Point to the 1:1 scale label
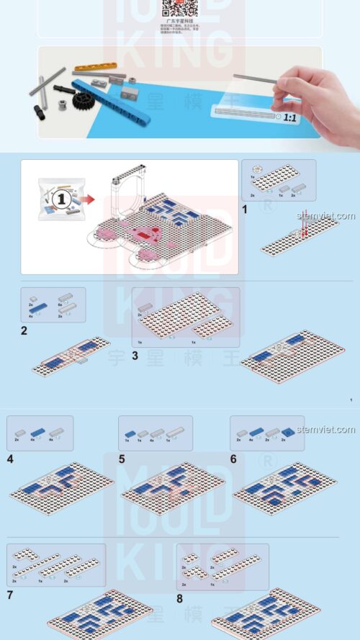[289, 116]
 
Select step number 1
[246, 210]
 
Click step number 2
[24, 331]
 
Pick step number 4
[10, 458]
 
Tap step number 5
[122, 458]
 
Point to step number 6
[233, 458]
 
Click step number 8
[180, 597]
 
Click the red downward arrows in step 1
[305, 229]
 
